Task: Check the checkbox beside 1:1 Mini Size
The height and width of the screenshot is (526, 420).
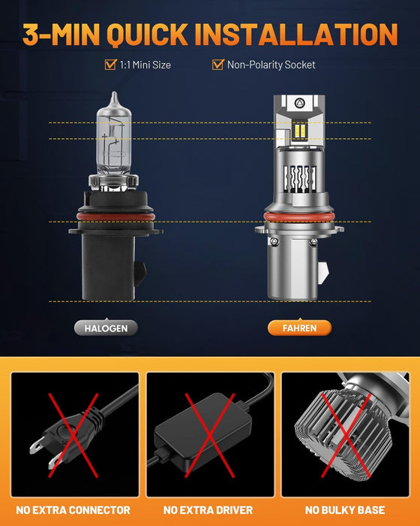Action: pos(109,65)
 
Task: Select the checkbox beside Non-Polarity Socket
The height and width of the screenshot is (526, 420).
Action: pos(217,65)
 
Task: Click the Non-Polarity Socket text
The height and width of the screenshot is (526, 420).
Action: pos(272,65)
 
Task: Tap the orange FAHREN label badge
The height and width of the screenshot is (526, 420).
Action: pos(299,328)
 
